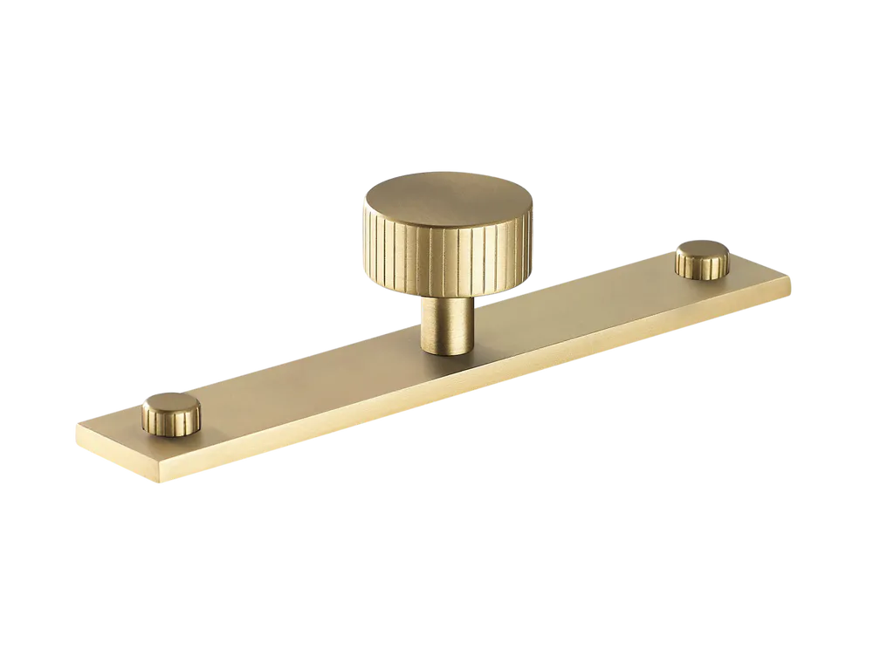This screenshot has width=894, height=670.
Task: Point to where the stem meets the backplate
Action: tap(448, 351)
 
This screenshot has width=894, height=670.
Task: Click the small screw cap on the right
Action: tap(703, 259)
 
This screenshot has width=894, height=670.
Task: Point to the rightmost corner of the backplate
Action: tap(793, 277)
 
